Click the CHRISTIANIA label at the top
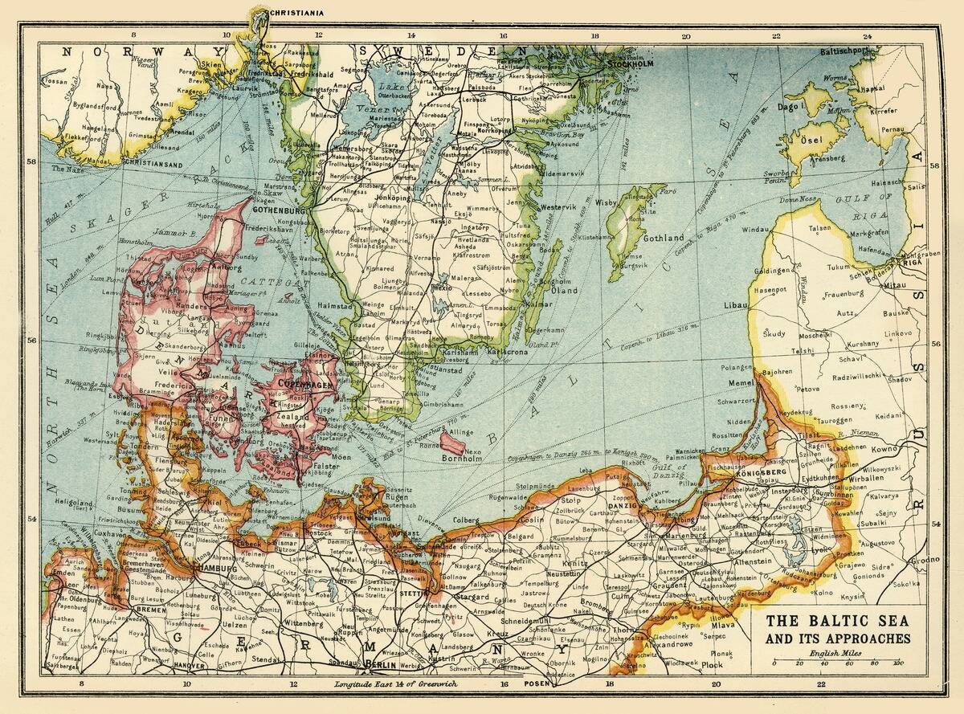[x=300, y=13]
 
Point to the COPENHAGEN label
[x=304, y=385]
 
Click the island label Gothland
[x=664, y=238]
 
